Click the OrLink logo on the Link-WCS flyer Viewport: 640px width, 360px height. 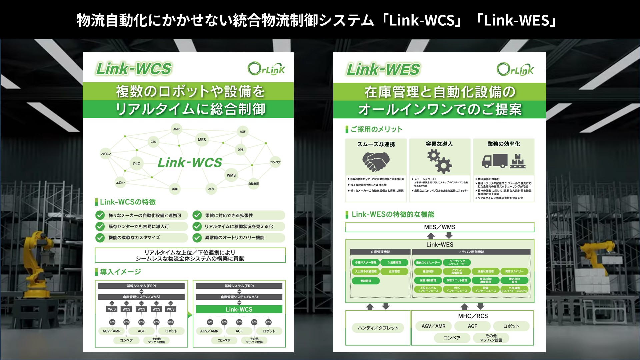tap(266, 69)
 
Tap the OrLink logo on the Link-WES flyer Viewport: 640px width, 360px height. tap(515, 69)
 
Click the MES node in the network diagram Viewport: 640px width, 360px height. tap(202, 140)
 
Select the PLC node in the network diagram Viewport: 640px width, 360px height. tap(137, 164)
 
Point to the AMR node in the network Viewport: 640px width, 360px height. tap(176, 129)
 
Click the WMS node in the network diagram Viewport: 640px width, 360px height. tap(231, 175)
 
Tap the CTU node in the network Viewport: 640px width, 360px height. tap(153, 142)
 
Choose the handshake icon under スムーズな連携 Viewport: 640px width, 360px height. tap(376, 161)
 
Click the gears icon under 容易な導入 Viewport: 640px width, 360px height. tap(439, 161)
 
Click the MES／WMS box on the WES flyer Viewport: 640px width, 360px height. tap(440, 227)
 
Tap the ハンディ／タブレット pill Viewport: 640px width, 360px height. tap(378, 328)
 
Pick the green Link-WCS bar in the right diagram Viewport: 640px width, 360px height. tap(239, 309)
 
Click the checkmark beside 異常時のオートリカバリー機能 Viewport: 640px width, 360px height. tap(197, 238)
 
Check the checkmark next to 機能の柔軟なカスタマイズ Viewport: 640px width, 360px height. tap(100, 238)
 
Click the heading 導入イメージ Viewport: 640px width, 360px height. tap(120, 272)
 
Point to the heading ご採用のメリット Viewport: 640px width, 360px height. tap(376, 129)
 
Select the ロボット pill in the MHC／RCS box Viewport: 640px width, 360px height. tap(511, 326)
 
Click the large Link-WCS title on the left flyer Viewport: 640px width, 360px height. tap(134, 69)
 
